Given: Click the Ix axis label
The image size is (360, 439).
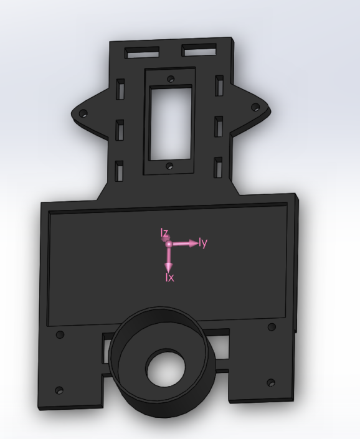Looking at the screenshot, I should point(169,278).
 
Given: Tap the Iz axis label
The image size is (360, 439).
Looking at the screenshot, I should point(164,234).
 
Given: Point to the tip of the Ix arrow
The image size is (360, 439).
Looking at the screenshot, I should point(169,268).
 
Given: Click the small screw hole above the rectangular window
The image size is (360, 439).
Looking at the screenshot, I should point(169,79).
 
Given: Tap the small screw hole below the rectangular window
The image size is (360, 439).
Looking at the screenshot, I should point(169,166).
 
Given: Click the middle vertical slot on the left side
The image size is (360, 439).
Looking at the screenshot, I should point(120,129).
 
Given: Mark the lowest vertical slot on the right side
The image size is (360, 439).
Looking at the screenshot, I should point(218,166).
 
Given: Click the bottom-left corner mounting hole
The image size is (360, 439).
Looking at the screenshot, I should point(59,390).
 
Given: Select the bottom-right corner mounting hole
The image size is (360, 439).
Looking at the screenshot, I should point(270,382).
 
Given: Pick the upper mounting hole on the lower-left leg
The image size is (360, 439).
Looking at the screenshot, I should point(60,335).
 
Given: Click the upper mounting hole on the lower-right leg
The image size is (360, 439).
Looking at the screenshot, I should point(270,327).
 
